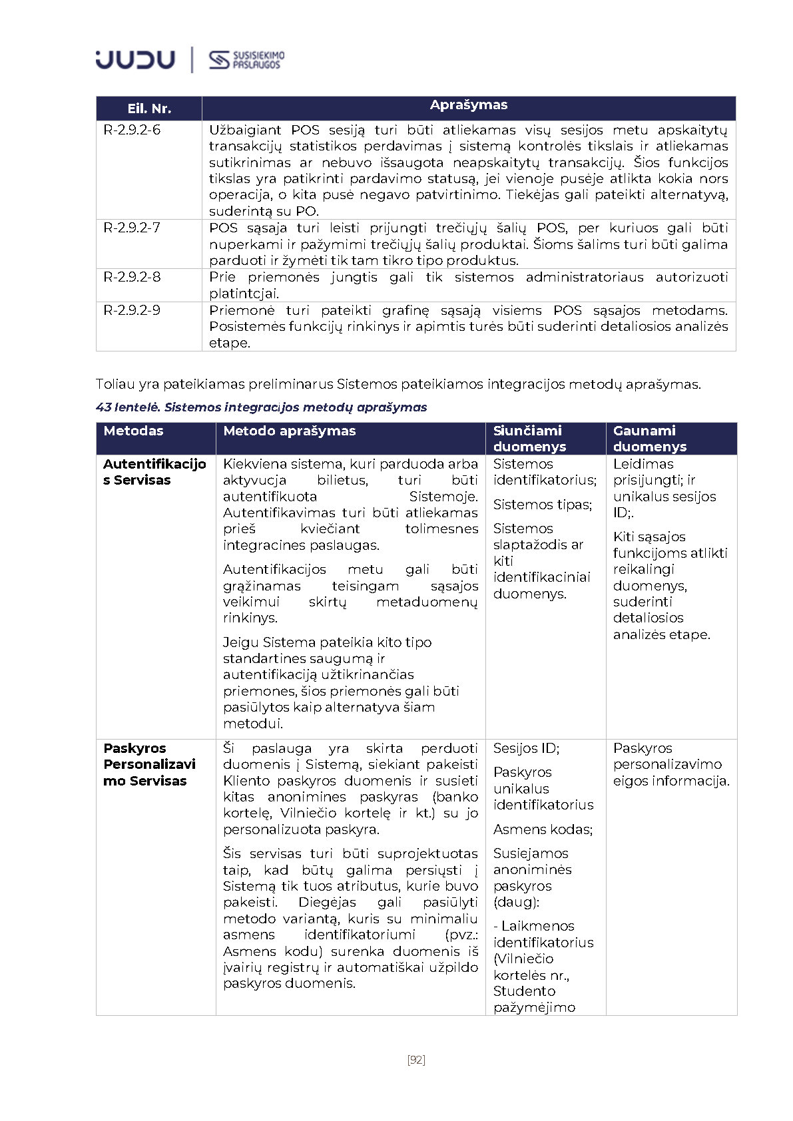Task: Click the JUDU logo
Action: click(x=135, y=60)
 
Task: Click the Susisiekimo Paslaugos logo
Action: click(x=246, y=60)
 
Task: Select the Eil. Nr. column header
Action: click(x=149, y=109)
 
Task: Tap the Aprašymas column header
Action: click(x=468, y=105)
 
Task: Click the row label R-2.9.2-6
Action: click(x=132, y=130)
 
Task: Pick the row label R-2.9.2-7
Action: click(x=132, y=228)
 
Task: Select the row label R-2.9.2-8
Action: click(x=132, y=277)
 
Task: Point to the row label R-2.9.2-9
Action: click(x=132, y=310)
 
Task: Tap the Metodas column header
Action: click(x=133, y=431)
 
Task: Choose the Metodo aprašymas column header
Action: click(x=289, y=431)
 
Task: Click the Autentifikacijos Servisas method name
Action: click(x=154, y=472)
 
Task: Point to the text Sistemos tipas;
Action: click(x=542, y=505)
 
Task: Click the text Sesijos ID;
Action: click(x=526, y=748)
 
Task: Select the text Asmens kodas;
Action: click(x=542, y=829)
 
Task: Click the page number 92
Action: click(x=416, y=1060)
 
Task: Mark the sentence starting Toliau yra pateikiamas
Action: click(x=397, y=384)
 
